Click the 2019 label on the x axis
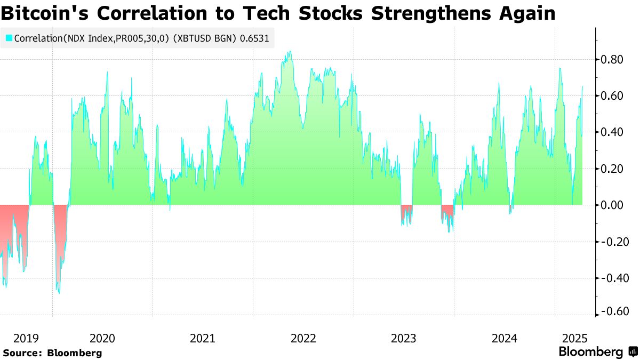click(26, 338)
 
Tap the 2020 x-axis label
click(102, 338)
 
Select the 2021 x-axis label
click(203, 338)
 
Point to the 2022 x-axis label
click(303, 338)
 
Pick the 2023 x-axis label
click(404, 338)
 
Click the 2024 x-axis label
click(504, 338)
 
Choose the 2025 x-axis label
click(575, 338)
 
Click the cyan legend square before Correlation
click(9, 38)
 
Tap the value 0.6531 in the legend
click(255, 38)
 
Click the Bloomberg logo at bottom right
click(598, 352)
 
